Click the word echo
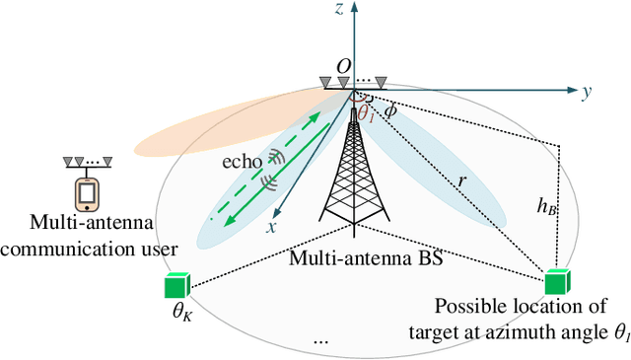(x=242, y=159)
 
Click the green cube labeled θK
(x=177, y=286)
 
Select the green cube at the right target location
(x=556, y=281)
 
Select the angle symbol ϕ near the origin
(x=390, y=111)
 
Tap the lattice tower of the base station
(x=353, y=178)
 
